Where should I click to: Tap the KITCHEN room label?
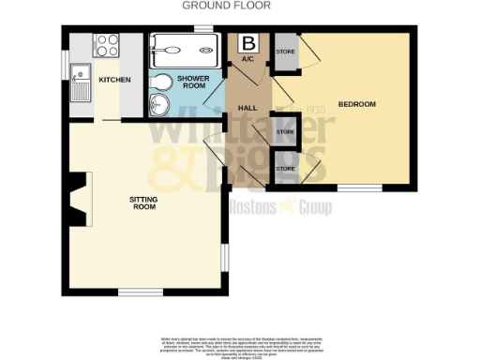[x=114, y=79]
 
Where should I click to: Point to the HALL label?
[x=248, y=108]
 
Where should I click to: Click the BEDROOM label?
[x=356, y=104]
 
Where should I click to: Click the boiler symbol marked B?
[x=248, y=43]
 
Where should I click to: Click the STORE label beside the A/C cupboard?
[x=284, y=52]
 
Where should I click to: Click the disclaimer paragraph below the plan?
[x=239, y=343]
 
